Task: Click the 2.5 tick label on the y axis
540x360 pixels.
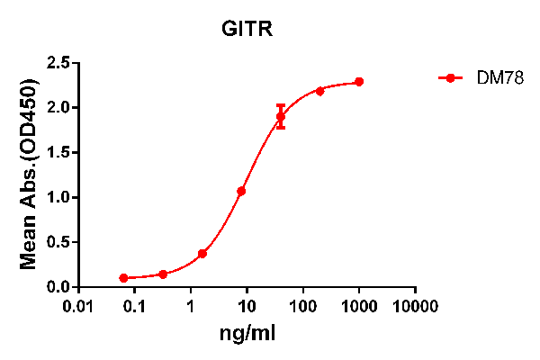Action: point(59,63)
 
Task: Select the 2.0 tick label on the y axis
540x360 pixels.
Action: point(59,108)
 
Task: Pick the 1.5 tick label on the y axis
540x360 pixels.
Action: point(59,153)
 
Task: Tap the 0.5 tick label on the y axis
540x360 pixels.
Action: point(59,242)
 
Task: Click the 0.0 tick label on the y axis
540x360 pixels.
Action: point(59,287)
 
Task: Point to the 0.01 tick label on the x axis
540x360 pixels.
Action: point(79,306)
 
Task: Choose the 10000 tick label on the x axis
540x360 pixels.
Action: point(416,306)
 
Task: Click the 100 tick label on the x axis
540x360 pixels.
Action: point(303,306)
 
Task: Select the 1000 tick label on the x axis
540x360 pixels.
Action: point(359,306)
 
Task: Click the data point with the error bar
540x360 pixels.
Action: point(281,116)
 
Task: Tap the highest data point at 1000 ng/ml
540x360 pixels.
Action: point(359,82)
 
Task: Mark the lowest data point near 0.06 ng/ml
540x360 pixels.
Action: point(123,278)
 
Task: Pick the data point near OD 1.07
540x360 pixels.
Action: point(241,191)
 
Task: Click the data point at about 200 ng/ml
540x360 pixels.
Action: point(320,91)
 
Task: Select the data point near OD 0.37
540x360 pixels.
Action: point(202,254)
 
